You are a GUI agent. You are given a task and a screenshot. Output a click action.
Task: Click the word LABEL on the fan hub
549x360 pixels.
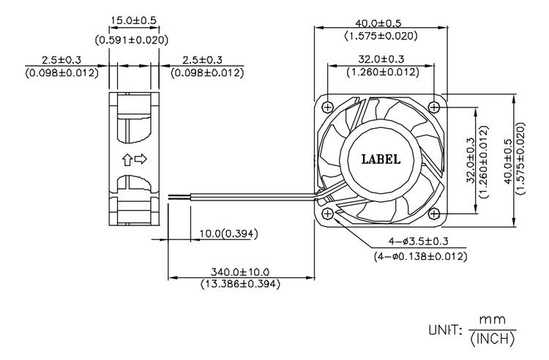pos(381,160)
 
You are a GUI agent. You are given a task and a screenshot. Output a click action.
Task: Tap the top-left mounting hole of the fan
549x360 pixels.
pos(328,107)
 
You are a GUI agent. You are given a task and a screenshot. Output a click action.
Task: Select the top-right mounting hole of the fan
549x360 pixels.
pos(434,107)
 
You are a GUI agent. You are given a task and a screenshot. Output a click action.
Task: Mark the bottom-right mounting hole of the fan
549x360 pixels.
pos(434,213)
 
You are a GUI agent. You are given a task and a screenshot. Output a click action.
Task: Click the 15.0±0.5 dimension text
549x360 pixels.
pos(133,20)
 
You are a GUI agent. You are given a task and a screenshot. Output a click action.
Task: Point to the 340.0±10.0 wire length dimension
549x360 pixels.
pos(240,271)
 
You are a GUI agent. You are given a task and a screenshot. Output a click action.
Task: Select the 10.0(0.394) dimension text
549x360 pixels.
pos(228,233)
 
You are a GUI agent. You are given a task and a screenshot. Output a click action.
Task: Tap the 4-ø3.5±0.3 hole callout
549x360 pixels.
pos(418,241)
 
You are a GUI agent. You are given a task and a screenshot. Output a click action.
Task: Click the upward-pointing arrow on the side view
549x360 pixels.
pos(127,160)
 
